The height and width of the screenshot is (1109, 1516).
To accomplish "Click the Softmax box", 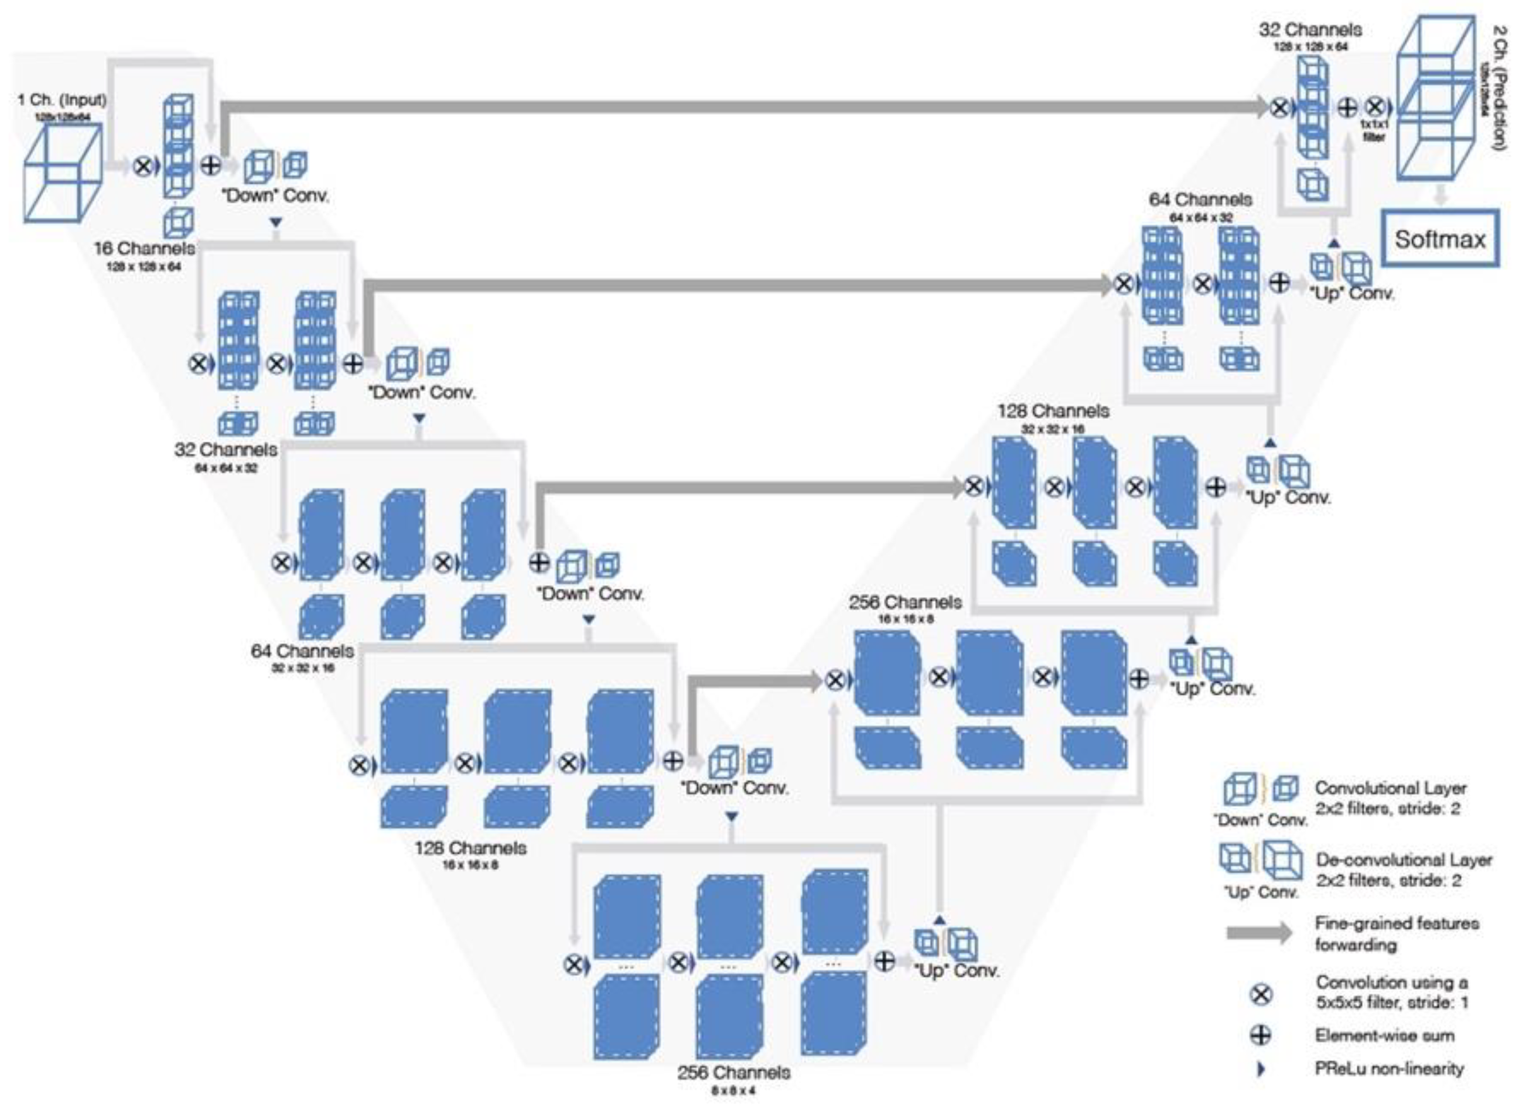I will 1440,239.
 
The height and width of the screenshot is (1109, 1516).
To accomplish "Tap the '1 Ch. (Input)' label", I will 62,100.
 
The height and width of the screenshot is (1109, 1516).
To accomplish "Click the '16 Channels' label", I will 144,249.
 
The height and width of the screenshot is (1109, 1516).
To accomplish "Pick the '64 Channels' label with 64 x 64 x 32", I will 1201,199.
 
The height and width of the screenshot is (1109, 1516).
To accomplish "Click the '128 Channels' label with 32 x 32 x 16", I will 1053,410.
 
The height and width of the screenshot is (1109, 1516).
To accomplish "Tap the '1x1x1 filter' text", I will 1373,130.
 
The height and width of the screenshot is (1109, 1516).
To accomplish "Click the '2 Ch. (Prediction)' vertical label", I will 1498,87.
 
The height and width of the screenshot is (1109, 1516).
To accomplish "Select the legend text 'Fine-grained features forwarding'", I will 1397,934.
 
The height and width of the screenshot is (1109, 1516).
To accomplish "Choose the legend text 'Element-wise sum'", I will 1384,1035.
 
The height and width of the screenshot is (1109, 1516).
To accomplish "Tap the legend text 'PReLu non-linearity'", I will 1389,1069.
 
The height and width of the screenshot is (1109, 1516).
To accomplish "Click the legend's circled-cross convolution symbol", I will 1261,994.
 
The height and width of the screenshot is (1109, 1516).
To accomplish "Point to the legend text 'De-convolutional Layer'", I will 1403,860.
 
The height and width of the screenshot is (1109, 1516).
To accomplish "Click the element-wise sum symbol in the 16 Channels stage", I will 211,165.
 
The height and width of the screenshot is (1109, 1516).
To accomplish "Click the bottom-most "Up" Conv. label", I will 956,971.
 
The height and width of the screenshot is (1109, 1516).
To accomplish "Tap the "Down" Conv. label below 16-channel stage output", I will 275,196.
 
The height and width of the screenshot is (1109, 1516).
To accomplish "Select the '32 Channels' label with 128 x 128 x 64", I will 1310,30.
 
